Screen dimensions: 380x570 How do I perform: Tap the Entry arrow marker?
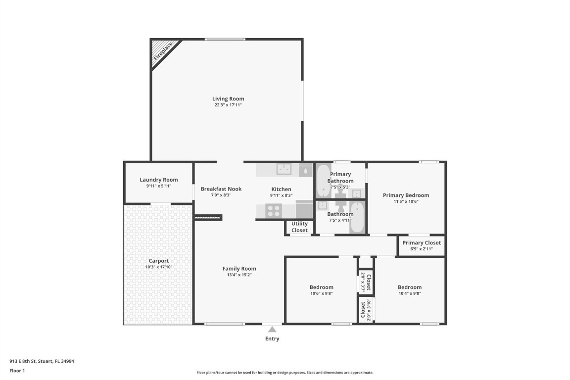(x=272, y=330)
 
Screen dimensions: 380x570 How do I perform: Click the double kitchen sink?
(x=284, y=170)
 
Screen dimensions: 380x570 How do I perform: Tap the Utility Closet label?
(x=299, y=227)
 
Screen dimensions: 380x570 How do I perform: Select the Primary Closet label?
(x=421, y=243)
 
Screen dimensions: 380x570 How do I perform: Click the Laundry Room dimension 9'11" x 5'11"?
(x=158, y=186)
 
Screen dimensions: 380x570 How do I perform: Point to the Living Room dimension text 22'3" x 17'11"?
(x=228, y=105)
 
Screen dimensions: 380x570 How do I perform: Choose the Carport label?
(x=159, y=261)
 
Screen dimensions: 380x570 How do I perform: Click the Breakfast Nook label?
(x=221, y=189)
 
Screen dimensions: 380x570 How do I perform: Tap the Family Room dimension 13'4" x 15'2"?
(x=239, y=275)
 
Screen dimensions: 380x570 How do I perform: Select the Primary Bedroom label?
(x=406, y=195)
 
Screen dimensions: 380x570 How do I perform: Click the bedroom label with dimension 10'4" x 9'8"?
(x=410, y=287)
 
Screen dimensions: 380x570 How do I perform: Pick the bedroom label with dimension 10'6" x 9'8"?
(x=321, y=287)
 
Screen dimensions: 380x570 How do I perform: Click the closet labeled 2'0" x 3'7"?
(x=366, y=281)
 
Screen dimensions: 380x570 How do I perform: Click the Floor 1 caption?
(x=17, y=370)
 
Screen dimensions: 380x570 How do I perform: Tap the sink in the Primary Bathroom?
(x=357, y=192)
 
